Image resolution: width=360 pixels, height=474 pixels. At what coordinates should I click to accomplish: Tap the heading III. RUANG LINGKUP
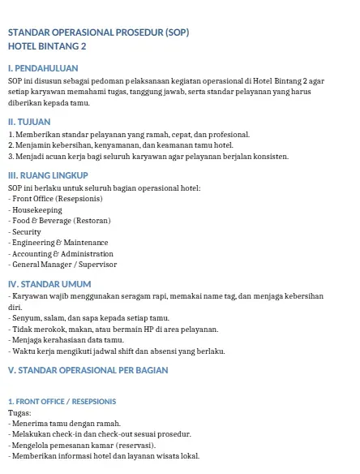point(47,175)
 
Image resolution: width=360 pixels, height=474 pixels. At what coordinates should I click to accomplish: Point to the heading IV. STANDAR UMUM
point(49,283)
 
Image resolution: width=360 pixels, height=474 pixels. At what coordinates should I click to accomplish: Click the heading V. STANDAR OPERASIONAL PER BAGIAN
point(87,369)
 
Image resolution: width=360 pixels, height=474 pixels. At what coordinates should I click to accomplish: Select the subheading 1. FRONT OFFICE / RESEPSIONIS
point(62,401)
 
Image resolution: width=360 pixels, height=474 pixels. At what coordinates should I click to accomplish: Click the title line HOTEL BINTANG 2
point(48,46)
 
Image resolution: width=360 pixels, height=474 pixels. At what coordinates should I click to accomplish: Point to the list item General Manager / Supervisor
point(63,264)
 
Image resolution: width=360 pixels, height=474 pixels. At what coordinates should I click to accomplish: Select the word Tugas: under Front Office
point(19,412)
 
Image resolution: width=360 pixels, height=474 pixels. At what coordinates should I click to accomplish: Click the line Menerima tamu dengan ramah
point(65,423)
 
